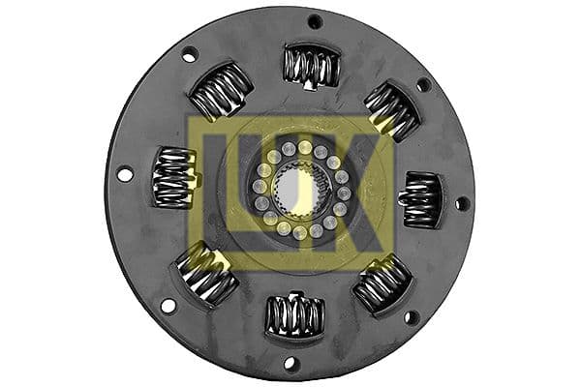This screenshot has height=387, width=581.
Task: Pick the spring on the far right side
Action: click(421, 198)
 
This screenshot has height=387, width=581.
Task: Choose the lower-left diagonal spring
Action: click(206, 274)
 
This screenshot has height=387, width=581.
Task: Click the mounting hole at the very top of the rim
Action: click(315, 21)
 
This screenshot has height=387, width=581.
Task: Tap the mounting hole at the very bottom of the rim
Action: click(288, 365)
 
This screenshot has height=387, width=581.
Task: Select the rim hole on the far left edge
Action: click(124, 174)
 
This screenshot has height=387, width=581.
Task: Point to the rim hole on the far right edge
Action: click(462, 204)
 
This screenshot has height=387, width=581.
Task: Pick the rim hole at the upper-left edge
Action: click(190, 54)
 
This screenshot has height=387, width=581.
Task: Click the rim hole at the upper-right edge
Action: click(423, 84)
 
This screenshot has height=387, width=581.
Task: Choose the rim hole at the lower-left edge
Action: click(168, 306)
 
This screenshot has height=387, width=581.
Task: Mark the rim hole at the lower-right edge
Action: click(410, 316)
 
